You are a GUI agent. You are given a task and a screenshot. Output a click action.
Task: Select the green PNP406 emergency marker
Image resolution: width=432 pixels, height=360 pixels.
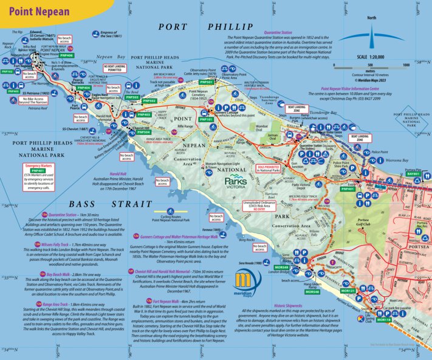pos(67,55)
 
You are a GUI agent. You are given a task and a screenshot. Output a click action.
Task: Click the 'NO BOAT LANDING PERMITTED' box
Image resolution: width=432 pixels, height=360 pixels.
pos(117,67)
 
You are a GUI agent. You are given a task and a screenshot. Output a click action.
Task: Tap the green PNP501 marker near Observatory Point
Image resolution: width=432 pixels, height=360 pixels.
pos(207,81)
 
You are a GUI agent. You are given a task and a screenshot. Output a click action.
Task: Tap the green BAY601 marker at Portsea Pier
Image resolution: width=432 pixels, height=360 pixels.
pos(413,174)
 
